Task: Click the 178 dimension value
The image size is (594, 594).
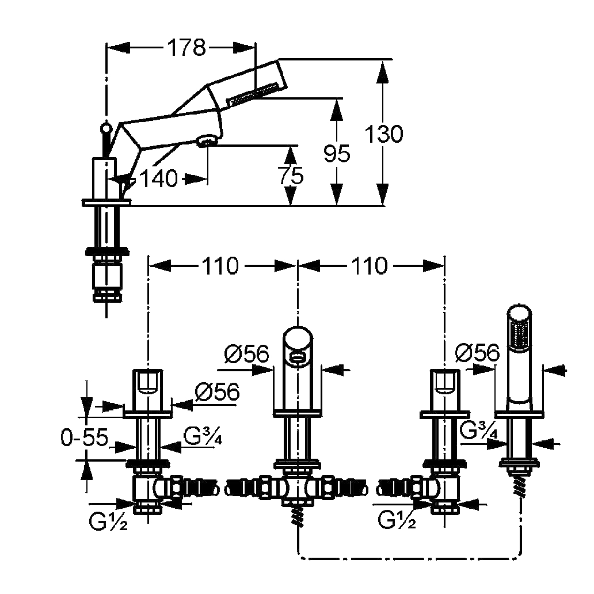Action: (x=186, y=48)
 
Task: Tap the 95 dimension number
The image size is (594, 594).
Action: (x=337, y=154)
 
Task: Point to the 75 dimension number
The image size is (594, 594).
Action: (x=291, y=176)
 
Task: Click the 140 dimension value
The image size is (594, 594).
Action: (x=159, y=178)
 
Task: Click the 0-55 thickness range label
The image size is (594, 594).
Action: (x=84, y=437)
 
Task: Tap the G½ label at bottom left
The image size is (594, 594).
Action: (x=108, y=521)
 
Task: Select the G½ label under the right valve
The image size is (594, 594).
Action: (x=397, y=520)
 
